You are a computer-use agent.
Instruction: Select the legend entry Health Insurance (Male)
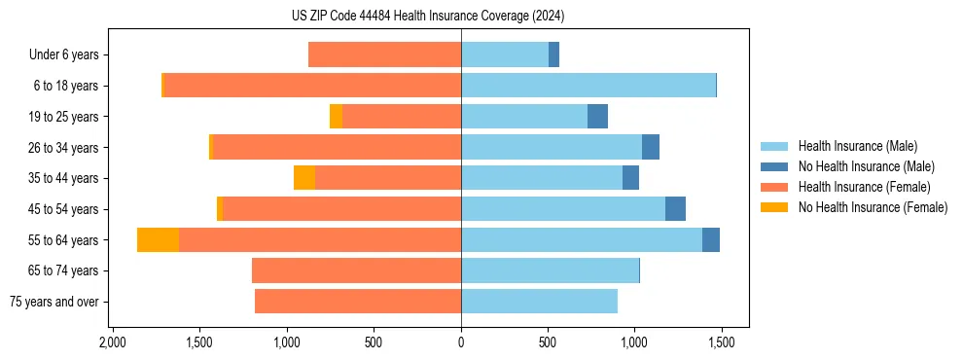857,146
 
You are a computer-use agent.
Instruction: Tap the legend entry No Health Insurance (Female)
873,207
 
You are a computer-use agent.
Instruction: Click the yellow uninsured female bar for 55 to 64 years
158,240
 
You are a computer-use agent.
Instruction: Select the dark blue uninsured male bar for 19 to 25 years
597,117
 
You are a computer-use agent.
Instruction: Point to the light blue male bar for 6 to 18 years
588,86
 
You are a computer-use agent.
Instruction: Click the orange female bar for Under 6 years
384,55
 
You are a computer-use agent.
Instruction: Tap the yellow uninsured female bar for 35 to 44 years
304,178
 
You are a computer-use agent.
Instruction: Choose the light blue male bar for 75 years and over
539,302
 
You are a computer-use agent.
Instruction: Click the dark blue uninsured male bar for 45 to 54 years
675,209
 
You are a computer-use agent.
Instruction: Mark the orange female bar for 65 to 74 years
356,270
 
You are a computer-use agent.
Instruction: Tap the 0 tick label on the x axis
461,343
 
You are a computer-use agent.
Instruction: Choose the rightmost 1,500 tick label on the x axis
721,343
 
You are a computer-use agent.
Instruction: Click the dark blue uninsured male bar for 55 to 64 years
711,240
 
